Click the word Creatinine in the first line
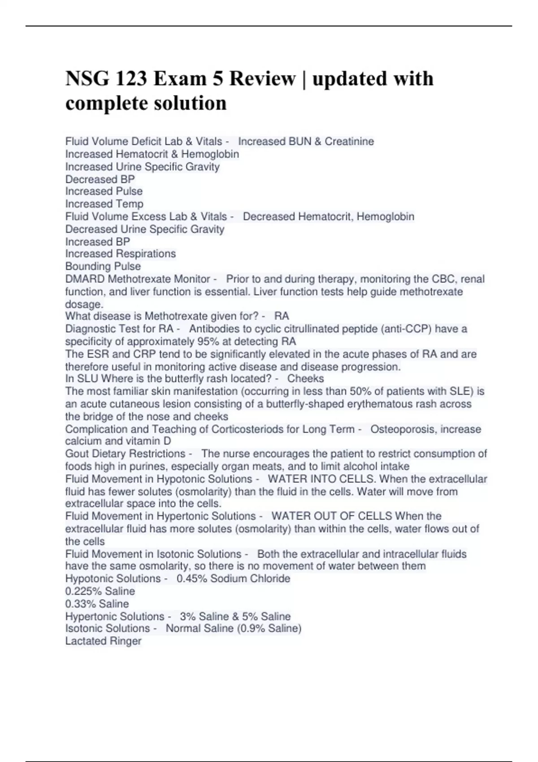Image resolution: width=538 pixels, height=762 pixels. [349, 142]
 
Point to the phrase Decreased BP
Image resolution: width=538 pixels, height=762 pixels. [100, 179]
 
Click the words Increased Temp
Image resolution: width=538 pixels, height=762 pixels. [104, 204]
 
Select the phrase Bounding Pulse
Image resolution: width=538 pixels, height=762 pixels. [103, 266]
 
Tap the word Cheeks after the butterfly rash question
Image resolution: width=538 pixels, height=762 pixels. [305, 379]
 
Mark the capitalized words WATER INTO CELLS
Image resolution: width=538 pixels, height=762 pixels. [321, 479]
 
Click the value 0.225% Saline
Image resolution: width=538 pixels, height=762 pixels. [100, 591]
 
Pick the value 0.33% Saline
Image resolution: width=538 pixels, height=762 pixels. [97, 604]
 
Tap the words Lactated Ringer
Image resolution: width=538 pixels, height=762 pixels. [104, 641]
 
